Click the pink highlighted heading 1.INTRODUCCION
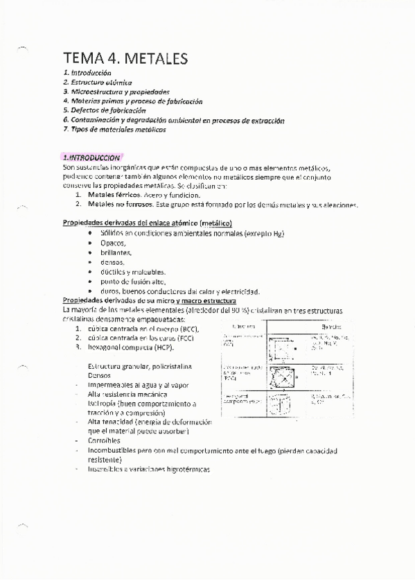(x=92, y=158)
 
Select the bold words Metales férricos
(x=112, y=196)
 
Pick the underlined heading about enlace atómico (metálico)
(x=148, y=223)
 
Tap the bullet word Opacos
(x=113, y=243)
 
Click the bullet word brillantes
(x=116, y=252)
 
